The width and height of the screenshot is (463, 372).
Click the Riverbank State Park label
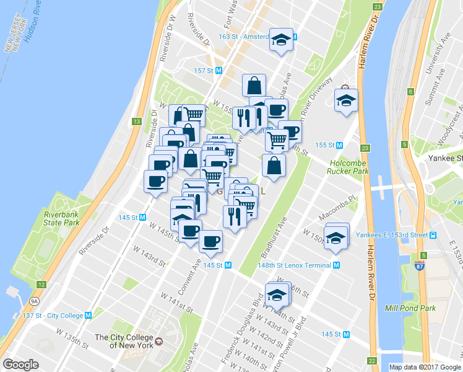(62, 218)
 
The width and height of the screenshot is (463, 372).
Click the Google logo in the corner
(20, 365)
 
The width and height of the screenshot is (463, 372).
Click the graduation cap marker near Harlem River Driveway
(346, 100)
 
